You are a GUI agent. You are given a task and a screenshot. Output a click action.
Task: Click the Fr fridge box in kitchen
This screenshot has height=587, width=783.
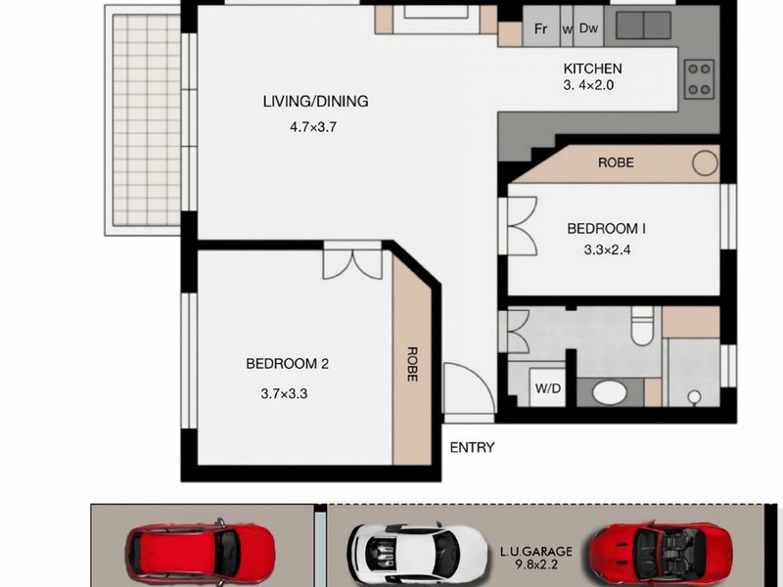540,28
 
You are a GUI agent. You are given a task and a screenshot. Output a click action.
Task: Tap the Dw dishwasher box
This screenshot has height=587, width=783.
588,28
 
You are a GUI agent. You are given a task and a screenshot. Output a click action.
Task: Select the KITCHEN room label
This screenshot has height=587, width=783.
592,68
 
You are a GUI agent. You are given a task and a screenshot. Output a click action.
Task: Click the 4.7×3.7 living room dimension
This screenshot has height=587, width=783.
314,126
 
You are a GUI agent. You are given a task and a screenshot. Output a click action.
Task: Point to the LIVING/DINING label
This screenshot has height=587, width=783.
314,101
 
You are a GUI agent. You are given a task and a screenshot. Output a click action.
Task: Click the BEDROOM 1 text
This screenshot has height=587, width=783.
607,228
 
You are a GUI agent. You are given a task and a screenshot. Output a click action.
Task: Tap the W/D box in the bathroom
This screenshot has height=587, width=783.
548,386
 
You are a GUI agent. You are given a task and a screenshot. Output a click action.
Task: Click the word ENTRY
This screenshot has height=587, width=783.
472,448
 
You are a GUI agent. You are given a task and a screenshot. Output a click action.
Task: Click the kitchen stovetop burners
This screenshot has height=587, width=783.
699,78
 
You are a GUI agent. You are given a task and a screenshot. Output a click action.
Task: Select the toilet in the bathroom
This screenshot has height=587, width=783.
642,329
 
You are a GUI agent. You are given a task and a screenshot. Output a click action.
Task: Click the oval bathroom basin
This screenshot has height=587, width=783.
611,392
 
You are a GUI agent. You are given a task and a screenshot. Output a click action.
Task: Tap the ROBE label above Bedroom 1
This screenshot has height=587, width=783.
616,162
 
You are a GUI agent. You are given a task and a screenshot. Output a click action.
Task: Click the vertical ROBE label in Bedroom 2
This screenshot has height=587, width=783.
412,364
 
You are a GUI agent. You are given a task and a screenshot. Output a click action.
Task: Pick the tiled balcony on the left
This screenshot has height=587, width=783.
146,121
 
